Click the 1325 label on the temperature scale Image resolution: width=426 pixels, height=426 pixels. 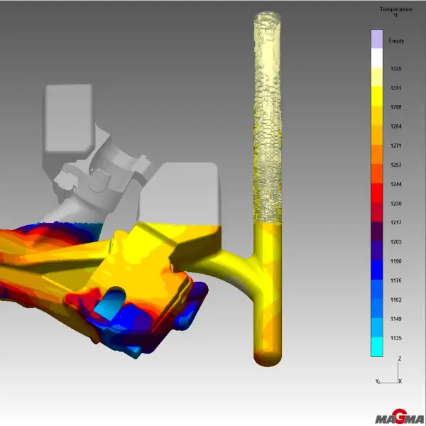(x=396, y=69)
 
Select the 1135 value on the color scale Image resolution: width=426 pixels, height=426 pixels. (x=396, y=338)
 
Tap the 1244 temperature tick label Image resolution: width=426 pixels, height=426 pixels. (x=396, y=184)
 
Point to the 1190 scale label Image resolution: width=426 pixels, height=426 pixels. (x=396, y=261)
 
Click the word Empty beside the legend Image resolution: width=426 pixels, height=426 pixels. (x=396, y=41)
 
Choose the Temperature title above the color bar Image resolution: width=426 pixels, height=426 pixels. (x=396, y=9)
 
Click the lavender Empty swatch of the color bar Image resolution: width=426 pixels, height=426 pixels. (x=377, y=39)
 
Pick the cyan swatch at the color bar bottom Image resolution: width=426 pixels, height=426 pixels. (x=377, y=346)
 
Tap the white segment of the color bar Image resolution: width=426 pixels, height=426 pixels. (x=377, y=58)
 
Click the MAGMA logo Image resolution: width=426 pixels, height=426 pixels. (x=400, y=417)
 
